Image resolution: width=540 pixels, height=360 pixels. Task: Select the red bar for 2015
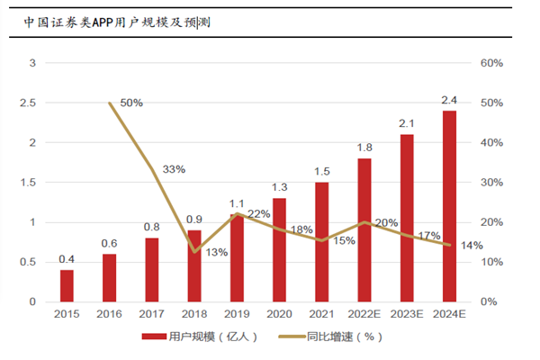pyautogui.click(x=67, y=285)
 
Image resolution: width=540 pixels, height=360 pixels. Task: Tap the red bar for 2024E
pyautogui.click(x=449, y=206)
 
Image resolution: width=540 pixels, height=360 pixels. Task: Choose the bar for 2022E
pyautogui.click(x=364, y=229)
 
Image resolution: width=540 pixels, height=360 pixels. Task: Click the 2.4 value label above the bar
pyautogui.click(x=449, y=100)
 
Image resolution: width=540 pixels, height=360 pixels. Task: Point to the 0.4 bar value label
pyautogui.click(x=67, y=259)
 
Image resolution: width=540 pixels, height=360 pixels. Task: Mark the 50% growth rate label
pyautogui.click(x=131, y=103)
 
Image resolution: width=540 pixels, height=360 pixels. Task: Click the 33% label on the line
pyautogui.click(x=174, y=169)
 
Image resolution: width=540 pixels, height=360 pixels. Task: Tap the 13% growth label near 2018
pyautogui.click(x=217, y=252)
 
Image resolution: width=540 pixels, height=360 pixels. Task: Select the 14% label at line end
pyautogui.click(x=472, y=245)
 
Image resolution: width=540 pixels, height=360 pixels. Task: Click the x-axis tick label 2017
pyautogui.click(x=152, y=315)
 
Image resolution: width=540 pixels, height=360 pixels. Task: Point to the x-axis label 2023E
pyautogui.click(x=407, y=315)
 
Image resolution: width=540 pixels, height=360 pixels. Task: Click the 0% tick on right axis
pyautogui.click(x=487, y=301)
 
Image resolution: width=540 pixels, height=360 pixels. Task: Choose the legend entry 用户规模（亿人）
pyautogui.click(x=201, y=337)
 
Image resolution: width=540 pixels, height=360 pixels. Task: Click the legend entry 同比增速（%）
pyautogui.click(x=315, y=337)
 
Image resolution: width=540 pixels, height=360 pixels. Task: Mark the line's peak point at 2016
pyautogui.click(x=110, y=103)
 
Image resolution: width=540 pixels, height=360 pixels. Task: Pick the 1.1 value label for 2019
pyautogui.click(x=237, y=203)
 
